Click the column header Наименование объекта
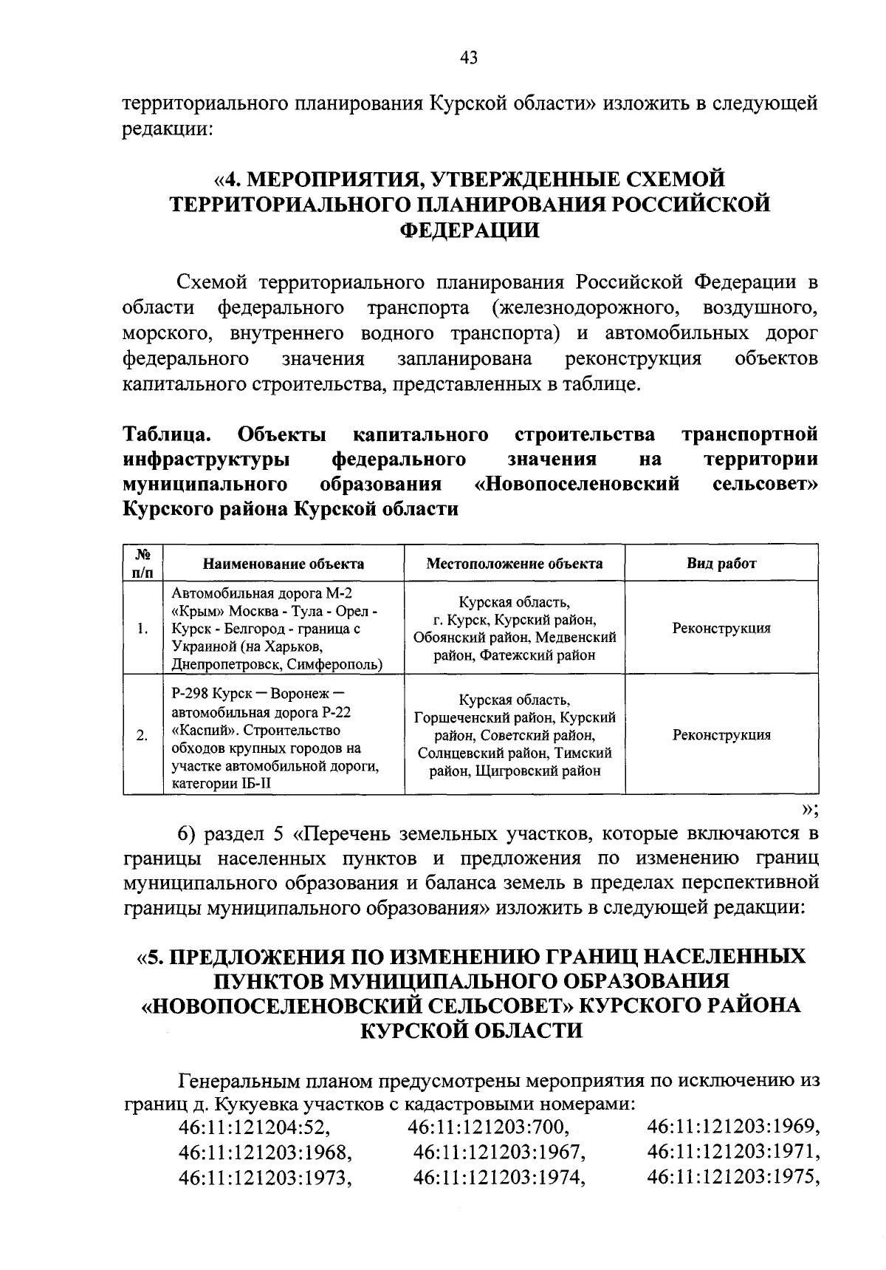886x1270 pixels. coord(284,564)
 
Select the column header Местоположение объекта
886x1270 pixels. coord(514,564)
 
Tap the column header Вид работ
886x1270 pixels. coord(721,564)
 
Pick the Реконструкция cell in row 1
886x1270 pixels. coord(721,629)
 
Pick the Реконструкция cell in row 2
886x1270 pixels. coord(721,735)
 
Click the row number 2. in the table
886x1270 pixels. coord(143,735)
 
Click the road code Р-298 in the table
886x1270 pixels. coord(188,695)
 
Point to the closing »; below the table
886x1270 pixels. coord(810,808)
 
